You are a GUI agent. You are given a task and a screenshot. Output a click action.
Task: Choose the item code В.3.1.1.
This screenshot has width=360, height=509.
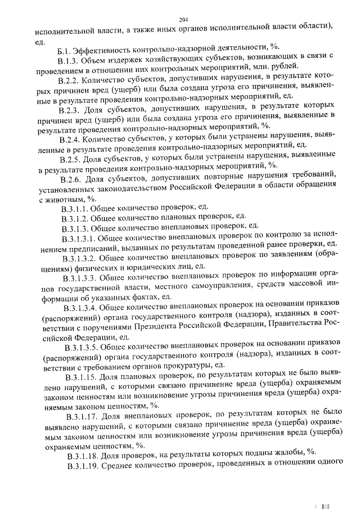pyautogui.click(x=75, y=209)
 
